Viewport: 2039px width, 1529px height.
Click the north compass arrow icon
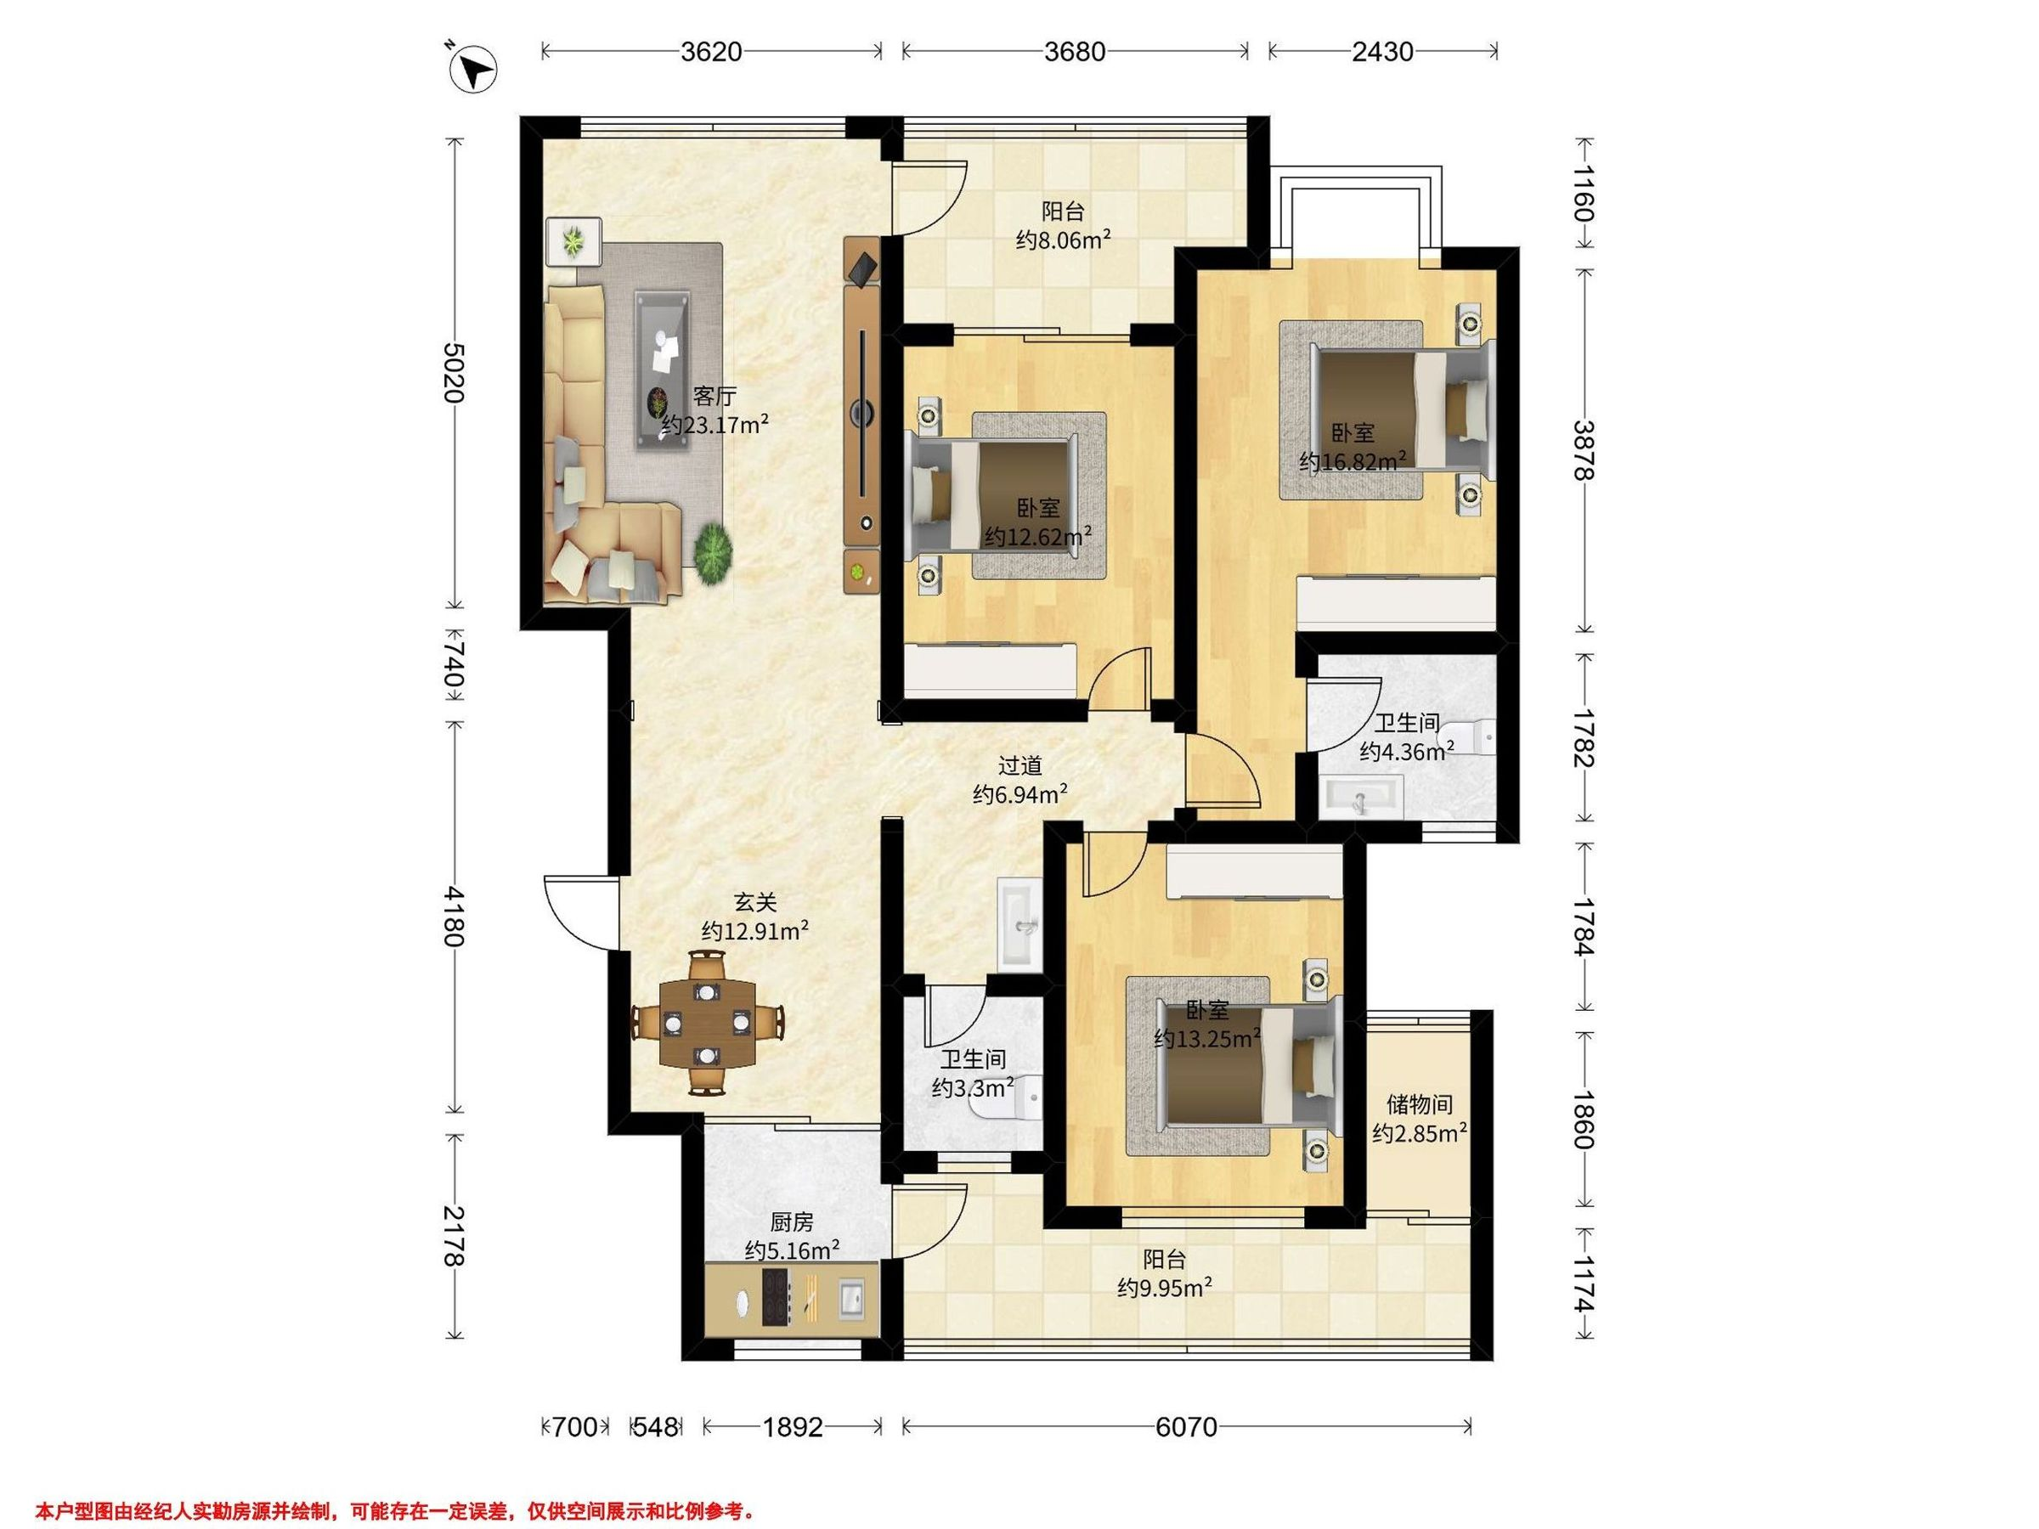point(473,69)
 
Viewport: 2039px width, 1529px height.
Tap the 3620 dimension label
point(712,52)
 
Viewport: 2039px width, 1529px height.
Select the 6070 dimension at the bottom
point(1186,1428)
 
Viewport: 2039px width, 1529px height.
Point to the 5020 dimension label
point(453,372)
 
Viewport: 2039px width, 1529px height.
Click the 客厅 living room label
point(714,397)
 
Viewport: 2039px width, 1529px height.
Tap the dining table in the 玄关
point(708,1023)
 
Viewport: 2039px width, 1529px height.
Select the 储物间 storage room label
point(1420,1104)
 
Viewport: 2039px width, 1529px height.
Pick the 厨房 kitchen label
point(792,1222)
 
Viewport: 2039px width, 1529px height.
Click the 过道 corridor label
point(1020,765)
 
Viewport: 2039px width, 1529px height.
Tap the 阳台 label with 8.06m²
point(1063,211)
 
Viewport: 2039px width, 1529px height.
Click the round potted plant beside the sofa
point(713,553)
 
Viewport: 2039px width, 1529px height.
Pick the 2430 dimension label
point(1382,52)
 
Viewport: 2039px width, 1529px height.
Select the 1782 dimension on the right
point(1584,737)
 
